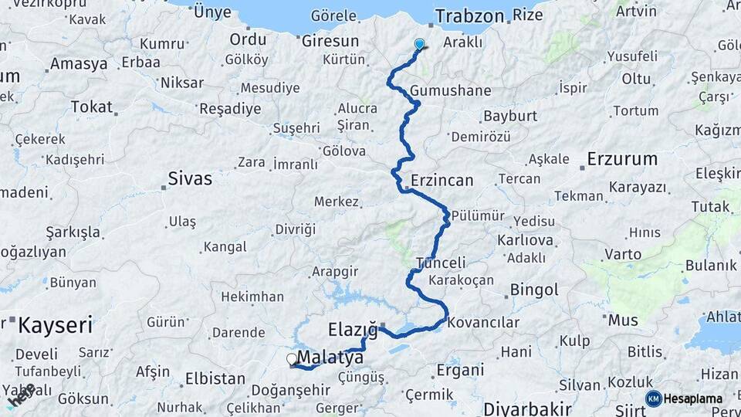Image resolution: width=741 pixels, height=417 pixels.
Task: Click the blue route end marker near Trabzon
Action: [x=419, y=45]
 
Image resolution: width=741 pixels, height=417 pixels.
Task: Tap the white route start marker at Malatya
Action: [x=292, y=359]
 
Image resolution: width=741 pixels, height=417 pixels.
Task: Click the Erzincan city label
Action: [x=442, y=180]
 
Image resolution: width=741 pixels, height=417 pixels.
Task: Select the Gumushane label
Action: [x=450, y=90]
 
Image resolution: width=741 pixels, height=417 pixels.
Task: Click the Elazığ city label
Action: [x=353, y=330]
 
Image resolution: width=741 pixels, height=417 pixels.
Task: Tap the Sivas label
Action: [x=190, y=178]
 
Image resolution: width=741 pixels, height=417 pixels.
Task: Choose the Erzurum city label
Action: [x=622, y=159]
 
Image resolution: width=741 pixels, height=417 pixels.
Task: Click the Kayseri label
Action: [x=55, y=324]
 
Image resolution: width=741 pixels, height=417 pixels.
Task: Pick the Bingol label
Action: [x=533, y=290]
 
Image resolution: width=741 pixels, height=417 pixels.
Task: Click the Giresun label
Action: [x=330, y=41]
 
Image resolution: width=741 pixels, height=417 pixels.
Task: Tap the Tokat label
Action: [x=91, y=107]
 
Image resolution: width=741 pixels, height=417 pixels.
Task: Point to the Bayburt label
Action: [x=509, y=117]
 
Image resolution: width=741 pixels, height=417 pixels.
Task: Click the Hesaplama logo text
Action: [x=693, y=398]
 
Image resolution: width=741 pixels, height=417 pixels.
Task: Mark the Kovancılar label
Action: [x=483, y=322]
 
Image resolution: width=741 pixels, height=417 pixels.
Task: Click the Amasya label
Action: [x=79, y=63]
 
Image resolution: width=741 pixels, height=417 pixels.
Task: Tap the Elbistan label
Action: [x=216, y=379]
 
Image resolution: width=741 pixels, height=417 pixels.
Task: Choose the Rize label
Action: [x=528, y=15]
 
